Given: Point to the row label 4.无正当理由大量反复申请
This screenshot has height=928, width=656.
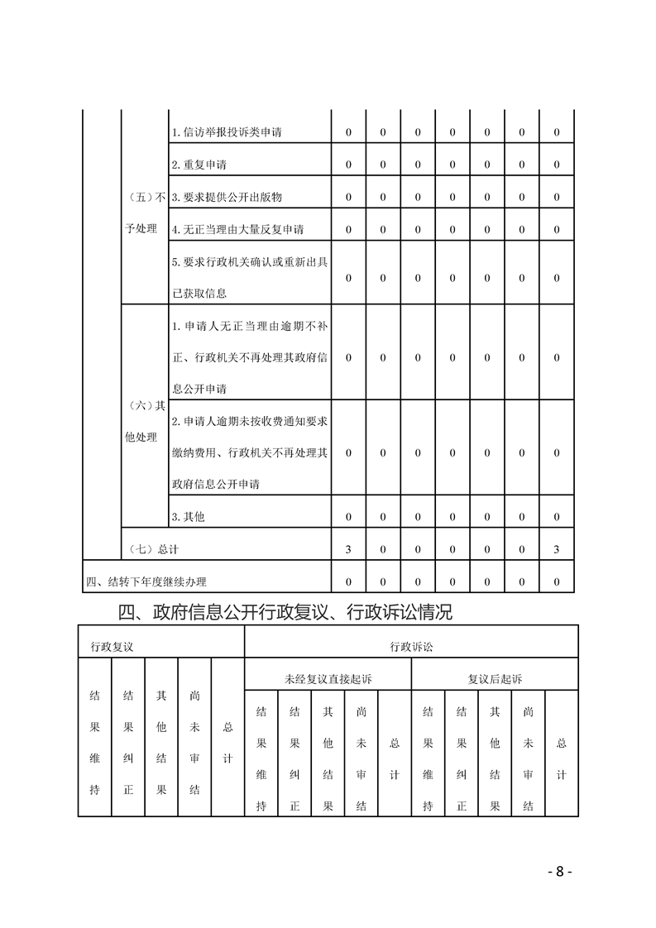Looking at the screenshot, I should pyautogui.click(x=237, y=229).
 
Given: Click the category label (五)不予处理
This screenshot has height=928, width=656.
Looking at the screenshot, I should pyautogui.click(x=144, y=213).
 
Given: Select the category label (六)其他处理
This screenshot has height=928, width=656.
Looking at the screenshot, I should pyautogui.click(x=144, y=420).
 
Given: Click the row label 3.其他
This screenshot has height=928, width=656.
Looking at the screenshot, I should pyautogui.click(x=188, y=517).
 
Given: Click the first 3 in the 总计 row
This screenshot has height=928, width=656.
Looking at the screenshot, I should pyautogui.click(x=348, y=549).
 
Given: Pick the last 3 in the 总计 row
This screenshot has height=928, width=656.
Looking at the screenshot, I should pyautogui.click(x=557, y=549).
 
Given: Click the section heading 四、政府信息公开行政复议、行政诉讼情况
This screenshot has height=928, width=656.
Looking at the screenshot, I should pyautogui.click(x=285, y=613).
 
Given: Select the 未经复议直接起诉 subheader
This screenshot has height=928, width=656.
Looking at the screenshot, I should pyautogui.click(x=328, y=679).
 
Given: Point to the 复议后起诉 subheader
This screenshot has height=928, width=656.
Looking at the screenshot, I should pyautogui.click(x=495, y=679).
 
